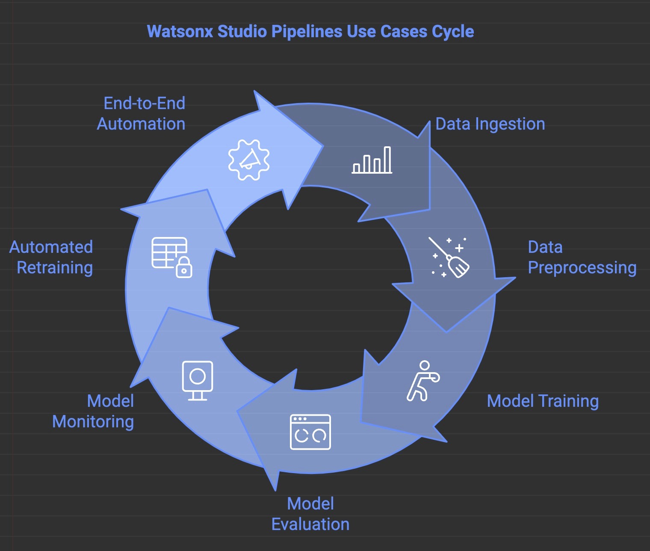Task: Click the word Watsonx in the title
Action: click(x=180, y=32)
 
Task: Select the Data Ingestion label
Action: click(x=490, y=124)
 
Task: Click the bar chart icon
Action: click(x=372, y=160)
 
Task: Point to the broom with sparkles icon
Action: click(x=449, y=258)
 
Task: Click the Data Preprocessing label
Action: click(x=582, y=258)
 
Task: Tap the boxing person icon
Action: click(x=422, y=381)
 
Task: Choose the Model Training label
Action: click(x=543, y=401)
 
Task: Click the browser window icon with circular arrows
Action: click(x=310, y=432)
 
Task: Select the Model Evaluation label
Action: click(x=310, y=514)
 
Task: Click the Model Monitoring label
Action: click(x=93, y=412)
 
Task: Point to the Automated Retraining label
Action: click(x=51, y=258)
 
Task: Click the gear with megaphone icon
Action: click(x=249, y=160)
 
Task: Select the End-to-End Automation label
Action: click(x=141, y=114)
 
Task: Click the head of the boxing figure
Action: click(x=424, y=365)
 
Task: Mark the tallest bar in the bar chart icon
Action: click(x=387, y=160)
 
